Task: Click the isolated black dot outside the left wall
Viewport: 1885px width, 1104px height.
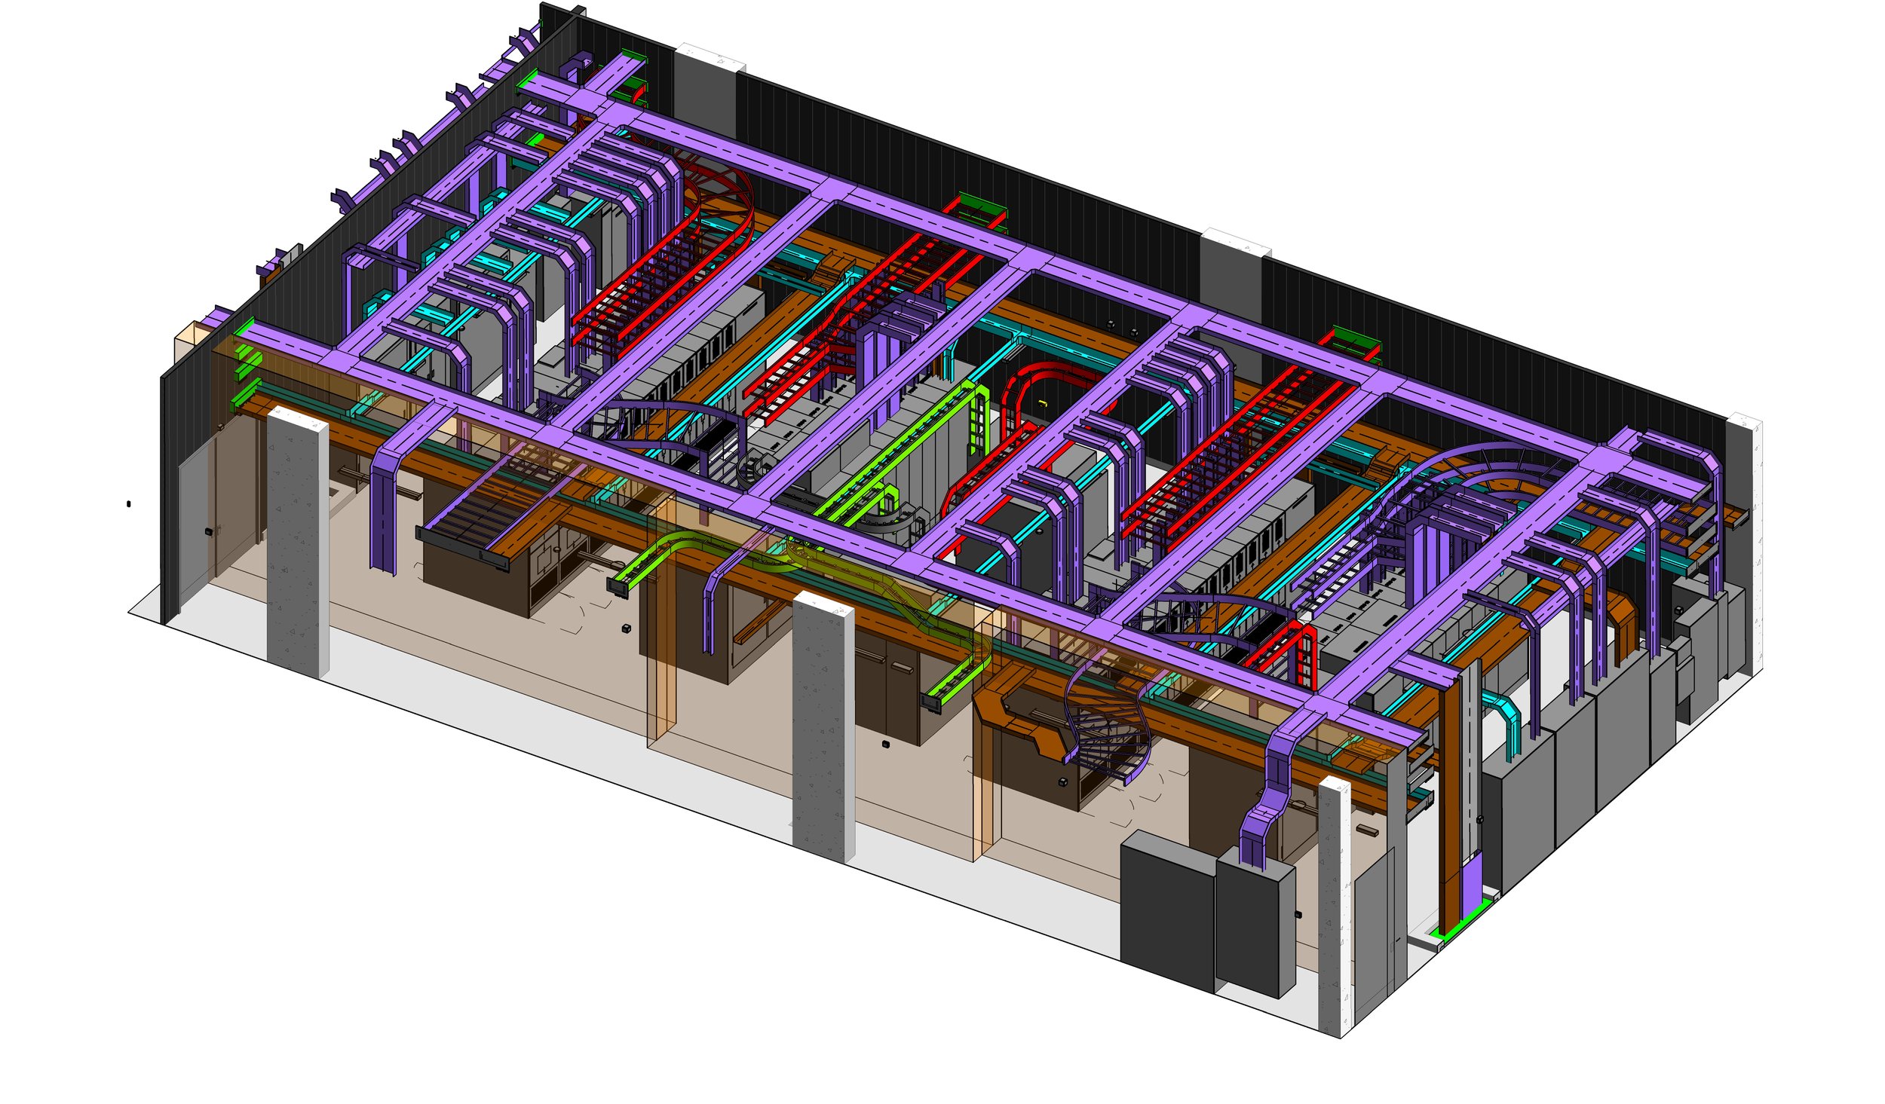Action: tap(128, 503)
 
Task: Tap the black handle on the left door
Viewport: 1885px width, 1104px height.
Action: tap(209, 531)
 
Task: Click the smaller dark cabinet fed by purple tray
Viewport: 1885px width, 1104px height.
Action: tap(1255, 931)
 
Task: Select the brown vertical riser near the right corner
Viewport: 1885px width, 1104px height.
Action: tap(1448, 799)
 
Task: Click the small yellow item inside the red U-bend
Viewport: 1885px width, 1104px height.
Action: tap(1042, 404)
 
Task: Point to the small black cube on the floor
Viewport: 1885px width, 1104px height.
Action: tap(626, 628)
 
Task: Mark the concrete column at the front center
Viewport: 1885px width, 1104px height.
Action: tap(822, 727)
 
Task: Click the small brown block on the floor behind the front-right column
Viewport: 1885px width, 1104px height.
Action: tap(1367, 830)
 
